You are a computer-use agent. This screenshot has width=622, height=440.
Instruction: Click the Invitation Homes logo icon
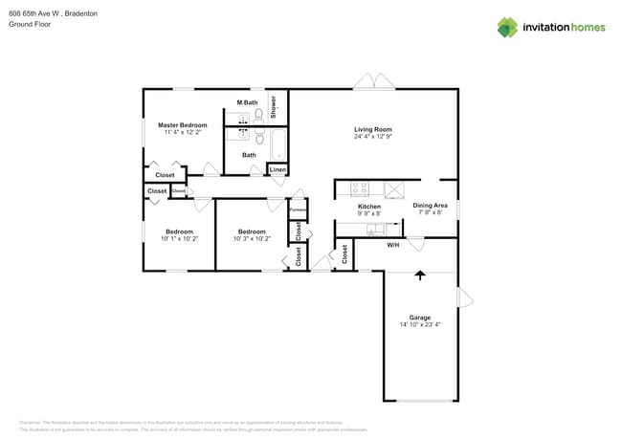click(x=507, y=27)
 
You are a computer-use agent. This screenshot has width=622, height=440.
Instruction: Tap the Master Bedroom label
click(x=182, y=125)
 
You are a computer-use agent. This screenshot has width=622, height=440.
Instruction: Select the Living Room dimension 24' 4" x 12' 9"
click(x=373, y=137)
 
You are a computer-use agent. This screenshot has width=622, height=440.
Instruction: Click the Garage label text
click(x=420, y=318)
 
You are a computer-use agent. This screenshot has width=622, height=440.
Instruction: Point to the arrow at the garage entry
click(x=419, y=275)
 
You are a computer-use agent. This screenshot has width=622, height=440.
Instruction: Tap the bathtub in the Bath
click(x=277, y=146)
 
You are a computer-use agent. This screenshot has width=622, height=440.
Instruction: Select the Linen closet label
click(x=278, y=170)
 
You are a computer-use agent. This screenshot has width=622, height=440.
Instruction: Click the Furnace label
click(x=298, y=209)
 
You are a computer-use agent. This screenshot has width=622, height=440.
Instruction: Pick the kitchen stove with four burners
click(x=360, y=188)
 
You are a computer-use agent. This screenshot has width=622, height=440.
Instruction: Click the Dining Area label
click(x=430, y=206)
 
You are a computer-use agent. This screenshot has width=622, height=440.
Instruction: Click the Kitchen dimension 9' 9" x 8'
click(x=369, y=213)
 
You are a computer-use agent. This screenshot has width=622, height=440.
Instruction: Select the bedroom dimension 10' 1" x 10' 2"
click(x=179, y=238)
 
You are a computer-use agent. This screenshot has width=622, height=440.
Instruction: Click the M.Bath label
click(x=247, y=102)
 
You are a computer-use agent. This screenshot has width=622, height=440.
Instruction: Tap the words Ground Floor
click(x=29, y=24)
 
